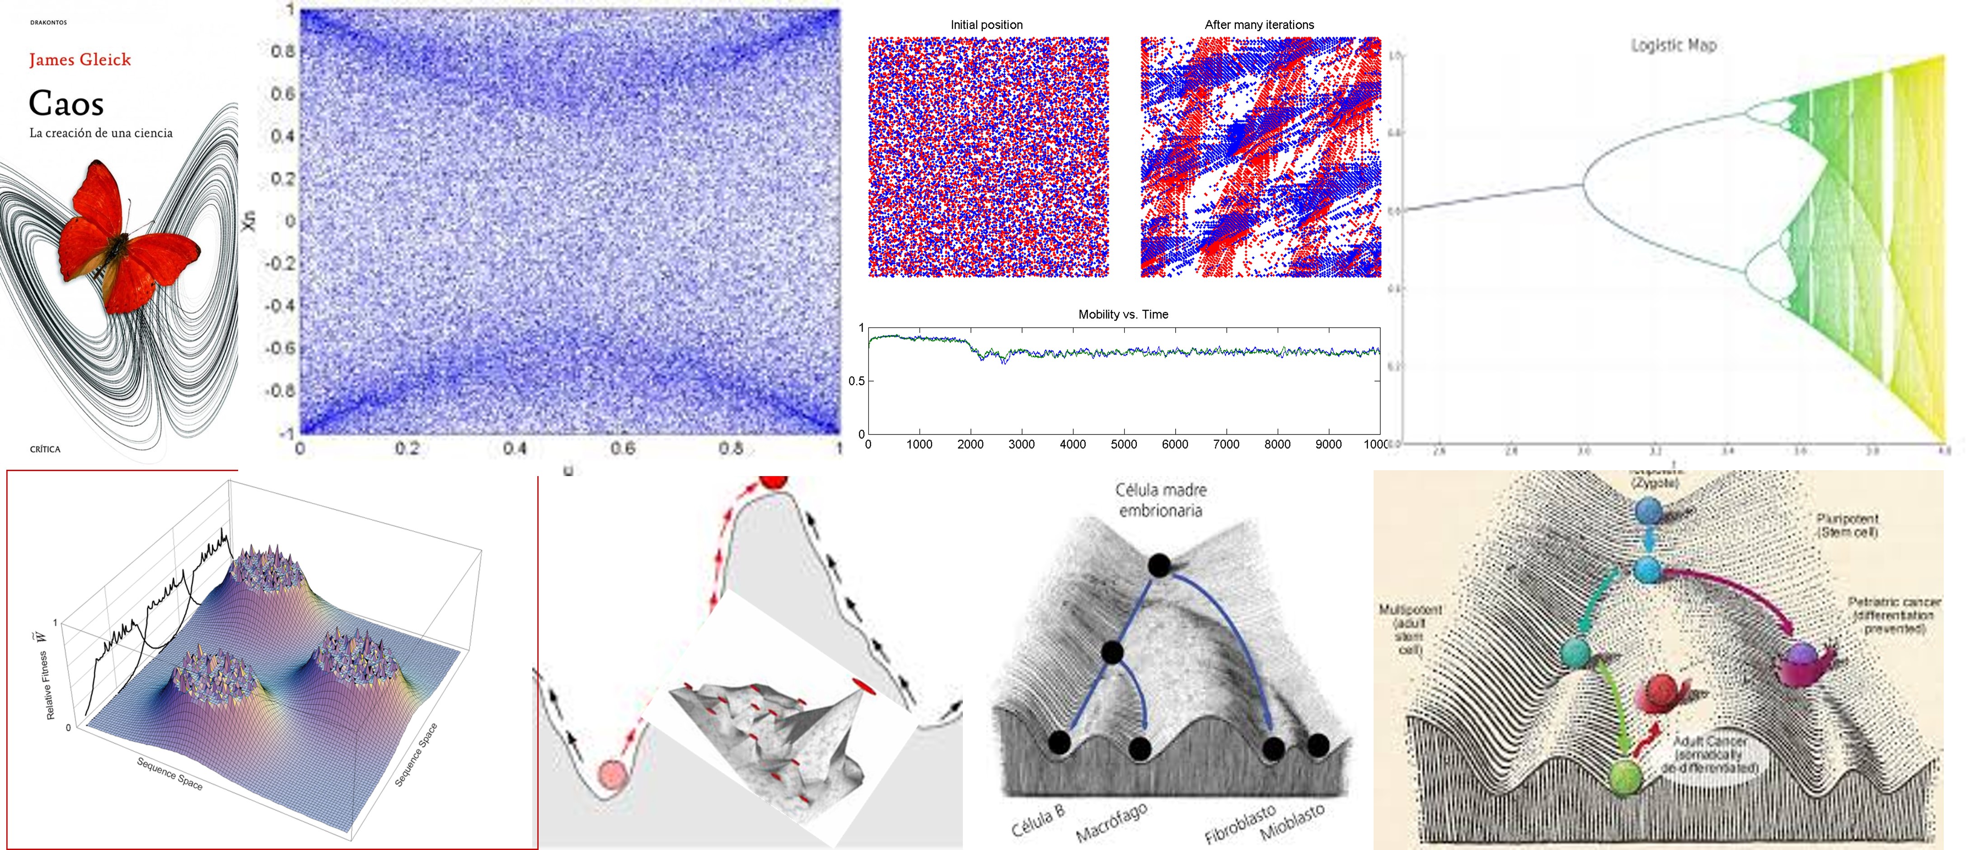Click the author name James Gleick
(80, 60)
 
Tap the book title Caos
(66, 103)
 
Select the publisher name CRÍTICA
(45, 449)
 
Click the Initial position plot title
(986, 24)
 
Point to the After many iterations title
(1259, 24)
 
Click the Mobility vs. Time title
(1123, 314)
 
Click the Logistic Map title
(1673, 46)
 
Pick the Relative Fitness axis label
(50, 685)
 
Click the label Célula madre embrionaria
(1160, 500)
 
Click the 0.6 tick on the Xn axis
(283, 93)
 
